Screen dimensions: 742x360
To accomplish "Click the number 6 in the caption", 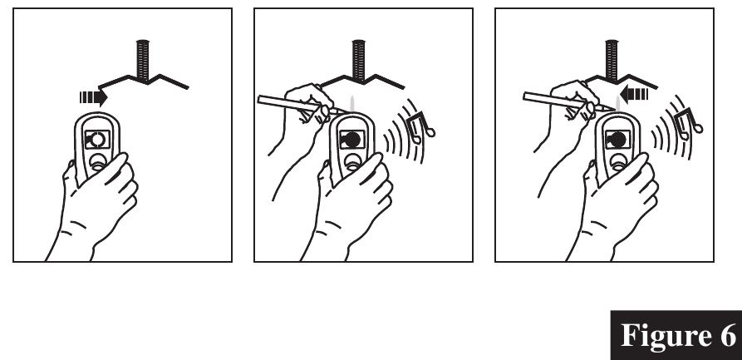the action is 724,335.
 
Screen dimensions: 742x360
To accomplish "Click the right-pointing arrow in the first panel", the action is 94,97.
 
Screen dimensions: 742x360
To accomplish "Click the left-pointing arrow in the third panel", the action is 634,94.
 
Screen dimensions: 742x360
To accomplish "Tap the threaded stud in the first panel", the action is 142,60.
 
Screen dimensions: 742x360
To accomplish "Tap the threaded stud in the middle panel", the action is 358,60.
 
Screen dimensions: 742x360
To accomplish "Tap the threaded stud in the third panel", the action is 612,60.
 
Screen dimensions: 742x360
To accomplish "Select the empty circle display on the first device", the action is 97,140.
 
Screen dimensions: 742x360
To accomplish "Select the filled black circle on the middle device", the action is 352,140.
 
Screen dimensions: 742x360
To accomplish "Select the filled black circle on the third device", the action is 618,140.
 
